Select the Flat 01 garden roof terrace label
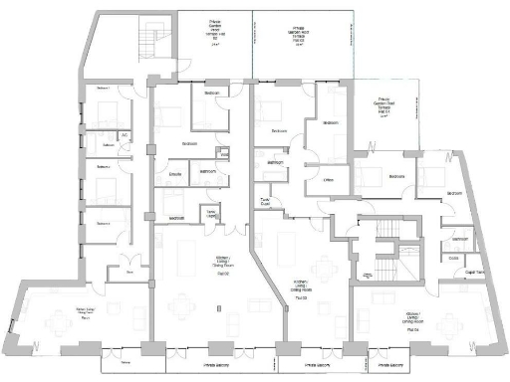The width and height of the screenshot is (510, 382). [384, 105]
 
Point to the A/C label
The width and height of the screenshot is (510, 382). [125, 135]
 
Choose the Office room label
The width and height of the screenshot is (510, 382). [328, 180]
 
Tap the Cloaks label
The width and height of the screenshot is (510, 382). [453, 257]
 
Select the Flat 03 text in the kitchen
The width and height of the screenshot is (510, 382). [299, 298]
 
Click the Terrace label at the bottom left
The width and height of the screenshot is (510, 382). [126, 364]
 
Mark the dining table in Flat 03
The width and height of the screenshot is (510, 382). [325, 267]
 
